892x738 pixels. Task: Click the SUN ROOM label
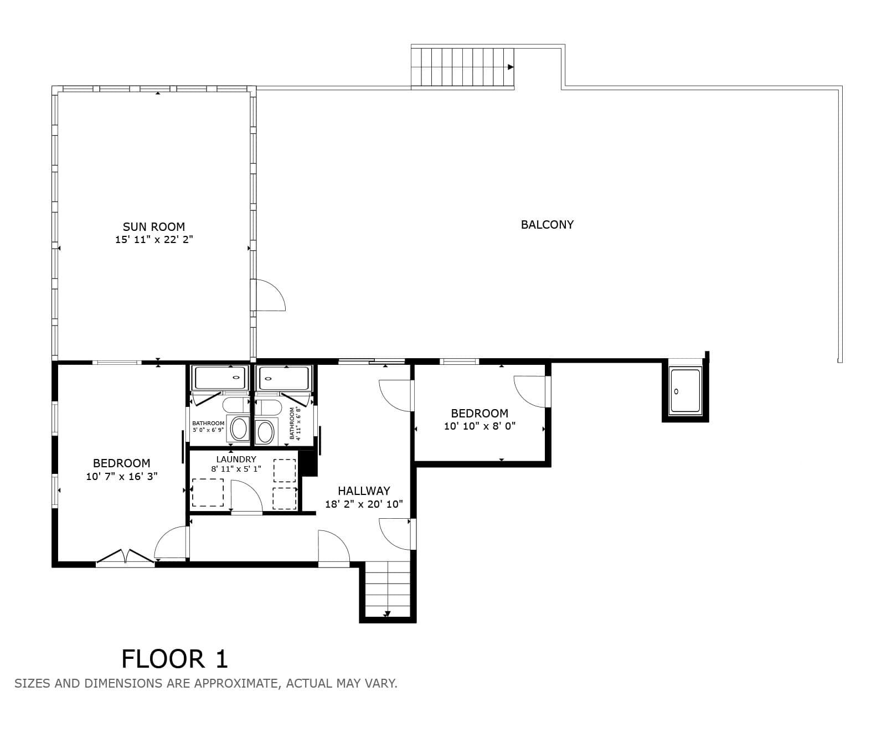(154, 226)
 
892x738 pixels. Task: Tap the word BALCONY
(547, 224)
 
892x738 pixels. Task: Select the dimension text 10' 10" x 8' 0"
(479, 426)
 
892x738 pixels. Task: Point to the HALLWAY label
(364, 491)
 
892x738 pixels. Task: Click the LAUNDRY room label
(236, 459)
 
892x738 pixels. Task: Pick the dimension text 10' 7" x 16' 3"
(122, 476)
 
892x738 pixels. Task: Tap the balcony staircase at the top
(462, 67)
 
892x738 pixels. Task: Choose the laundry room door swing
(246, 497)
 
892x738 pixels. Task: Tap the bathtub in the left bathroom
(220, 378)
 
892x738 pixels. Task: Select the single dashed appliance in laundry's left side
(208, 493)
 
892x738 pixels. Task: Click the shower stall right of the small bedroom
(685, 391)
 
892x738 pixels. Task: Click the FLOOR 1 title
(174, 659)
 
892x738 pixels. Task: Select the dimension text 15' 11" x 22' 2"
(154, 240)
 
